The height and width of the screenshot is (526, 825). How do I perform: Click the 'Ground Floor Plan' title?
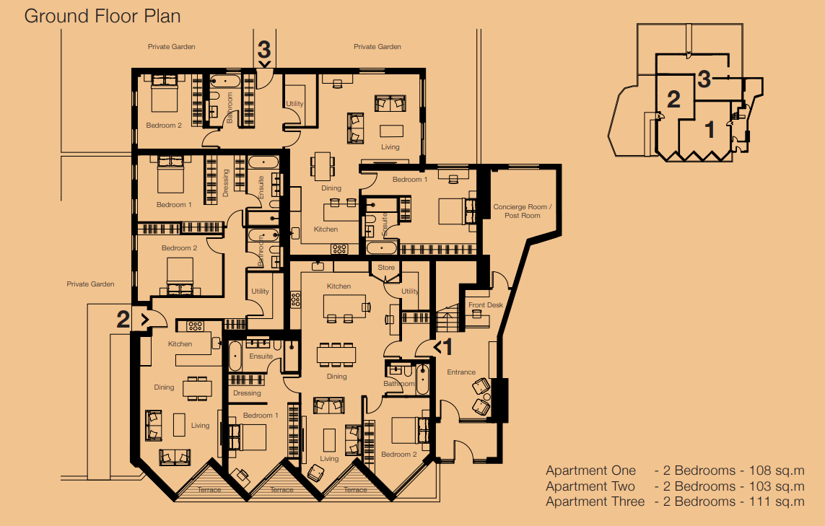point(102,17)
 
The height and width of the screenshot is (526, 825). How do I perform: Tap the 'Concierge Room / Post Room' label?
point(523,211)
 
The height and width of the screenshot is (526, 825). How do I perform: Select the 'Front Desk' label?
point(486,305)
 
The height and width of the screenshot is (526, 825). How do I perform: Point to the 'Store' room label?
point(386,268)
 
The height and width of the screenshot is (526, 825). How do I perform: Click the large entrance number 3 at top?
point(264,50)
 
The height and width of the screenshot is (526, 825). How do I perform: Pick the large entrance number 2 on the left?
point(123,320)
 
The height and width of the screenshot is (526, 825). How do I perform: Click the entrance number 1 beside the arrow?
point(448,347)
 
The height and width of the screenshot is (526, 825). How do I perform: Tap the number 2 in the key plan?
point(673,100)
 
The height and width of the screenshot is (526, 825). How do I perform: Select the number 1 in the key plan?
point(710,129)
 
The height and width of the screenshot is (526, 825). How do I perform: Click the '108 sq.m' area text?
point(777,470)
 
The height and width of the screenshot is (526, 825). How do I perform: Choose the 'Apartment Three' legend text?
point(595,501)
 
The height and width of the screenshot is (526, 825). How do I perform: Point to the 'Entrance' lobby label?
point(461,372)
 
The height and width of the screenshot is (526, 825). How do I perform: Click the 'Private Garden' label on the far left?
point(90,284)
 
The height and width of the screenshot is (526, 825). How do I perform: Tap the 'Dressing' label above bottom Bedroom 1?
point(247,393)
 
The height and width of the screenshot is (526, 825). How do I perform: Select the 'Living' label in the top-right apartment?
point(390,147)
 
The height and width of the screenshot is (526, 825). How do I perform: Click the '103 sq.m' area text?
point(777,486)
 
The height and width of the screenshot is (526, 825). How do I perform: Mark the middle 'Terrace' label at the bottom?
point(282,490)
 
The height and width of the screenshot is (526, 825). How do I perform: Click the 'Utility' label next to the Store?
point(410,292)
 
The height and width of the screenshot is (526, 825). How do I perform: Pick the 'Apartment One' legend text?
point(591,470)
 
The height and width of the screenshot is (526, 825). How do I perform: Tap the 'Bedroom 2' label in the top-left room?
point(164,126)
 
